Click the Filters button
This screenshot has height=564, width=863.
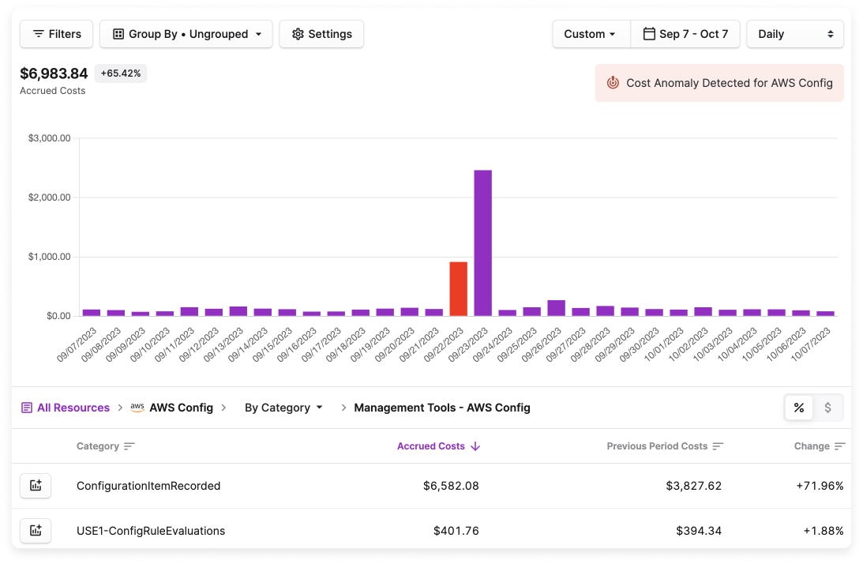tap(56, 34)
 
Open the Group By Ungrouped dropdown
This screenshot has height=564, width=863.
tap(186, 34)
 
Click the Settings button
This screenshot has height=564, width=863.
tap(321, 34)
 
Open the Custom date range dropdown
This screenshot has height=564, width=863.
tap(591, 34)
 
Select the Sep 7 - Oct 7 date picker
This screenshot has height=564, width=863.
tap(685, 34)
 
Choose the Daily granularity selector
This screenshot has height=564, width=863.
tap(794, 34)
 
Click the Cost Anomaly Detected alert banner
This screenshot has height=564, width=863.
tap(719, 83)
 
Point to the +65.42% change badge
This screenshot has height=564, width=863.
tap(121, 73)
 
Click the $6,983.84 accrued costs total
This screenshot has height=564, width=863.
tap(54, 73)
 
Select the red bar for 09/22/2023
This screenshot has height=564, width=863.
tap(458, 289)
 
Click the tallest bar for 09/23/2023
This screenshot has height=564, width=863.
tap(482, 243)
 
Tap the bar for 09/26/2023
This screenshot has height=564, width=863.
tap(556, 308)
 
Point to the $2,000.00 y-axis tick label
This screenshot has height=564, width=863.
tap(49, 197)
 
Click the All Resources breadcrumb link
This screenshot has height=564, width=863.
tap(73, 408)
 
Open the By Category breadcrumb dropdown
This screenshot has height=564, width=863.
tap(283, 408)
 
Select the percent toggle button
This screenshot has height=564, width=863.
tap(799, 408)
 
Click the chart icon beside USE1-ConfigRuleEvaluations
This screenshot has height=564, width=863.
tap(36, 531)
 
